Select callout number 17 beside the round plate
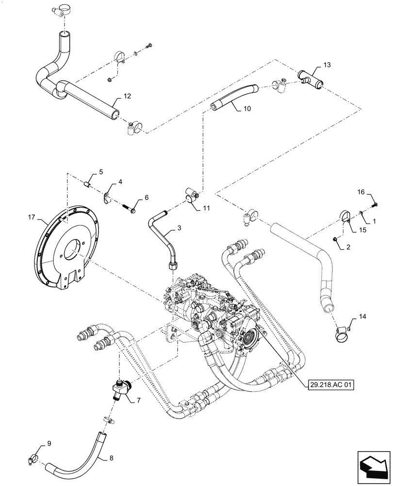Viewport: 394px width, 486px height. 33,220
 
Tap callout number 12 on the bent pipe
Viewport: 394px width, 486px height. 127,97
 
